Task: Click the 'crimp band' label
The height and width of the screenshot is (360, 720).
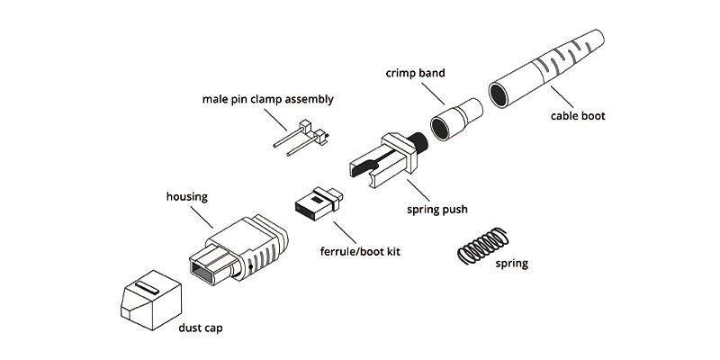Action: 414,71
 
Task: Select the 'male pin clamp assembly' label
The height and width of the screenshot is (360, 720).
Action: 267,99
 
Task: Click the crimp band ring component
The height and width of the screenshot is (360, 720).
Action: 454,121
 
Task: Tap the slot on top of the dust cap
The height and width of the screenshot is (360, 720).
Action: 148,287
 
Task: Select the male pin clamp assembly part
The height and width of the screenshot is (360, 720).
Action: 301,137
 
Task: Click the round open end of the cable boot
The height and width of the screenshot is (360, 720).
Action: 500,94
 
